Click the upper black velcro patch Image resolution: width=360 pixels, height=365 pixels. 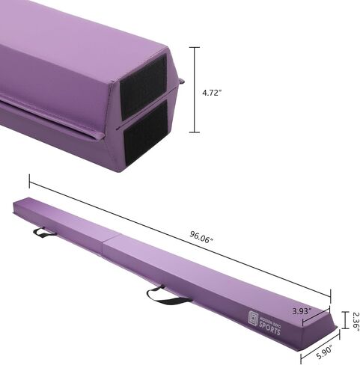point(143,83)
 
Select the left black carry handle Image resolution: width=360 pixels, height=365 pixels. point(44,233)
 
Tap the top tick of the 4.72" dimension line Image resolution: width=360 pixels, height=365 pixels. point(197,47)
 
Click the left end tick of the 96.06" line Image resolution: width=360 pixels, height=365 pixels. point(30,180)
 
